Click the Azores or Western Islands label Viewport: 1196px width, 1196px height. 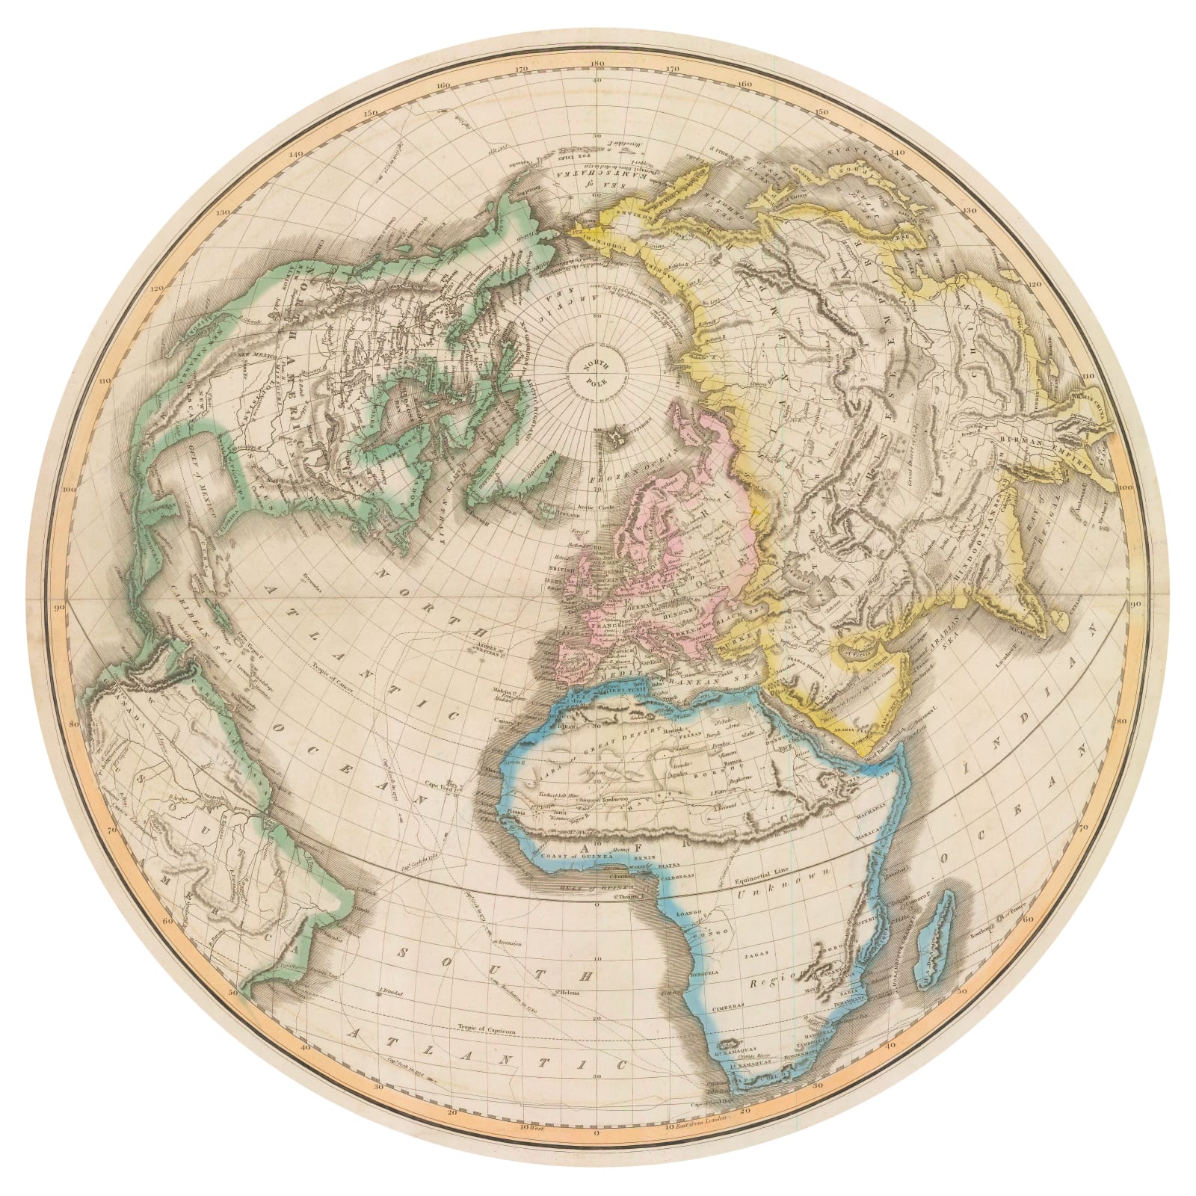[x=487, y=647]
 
